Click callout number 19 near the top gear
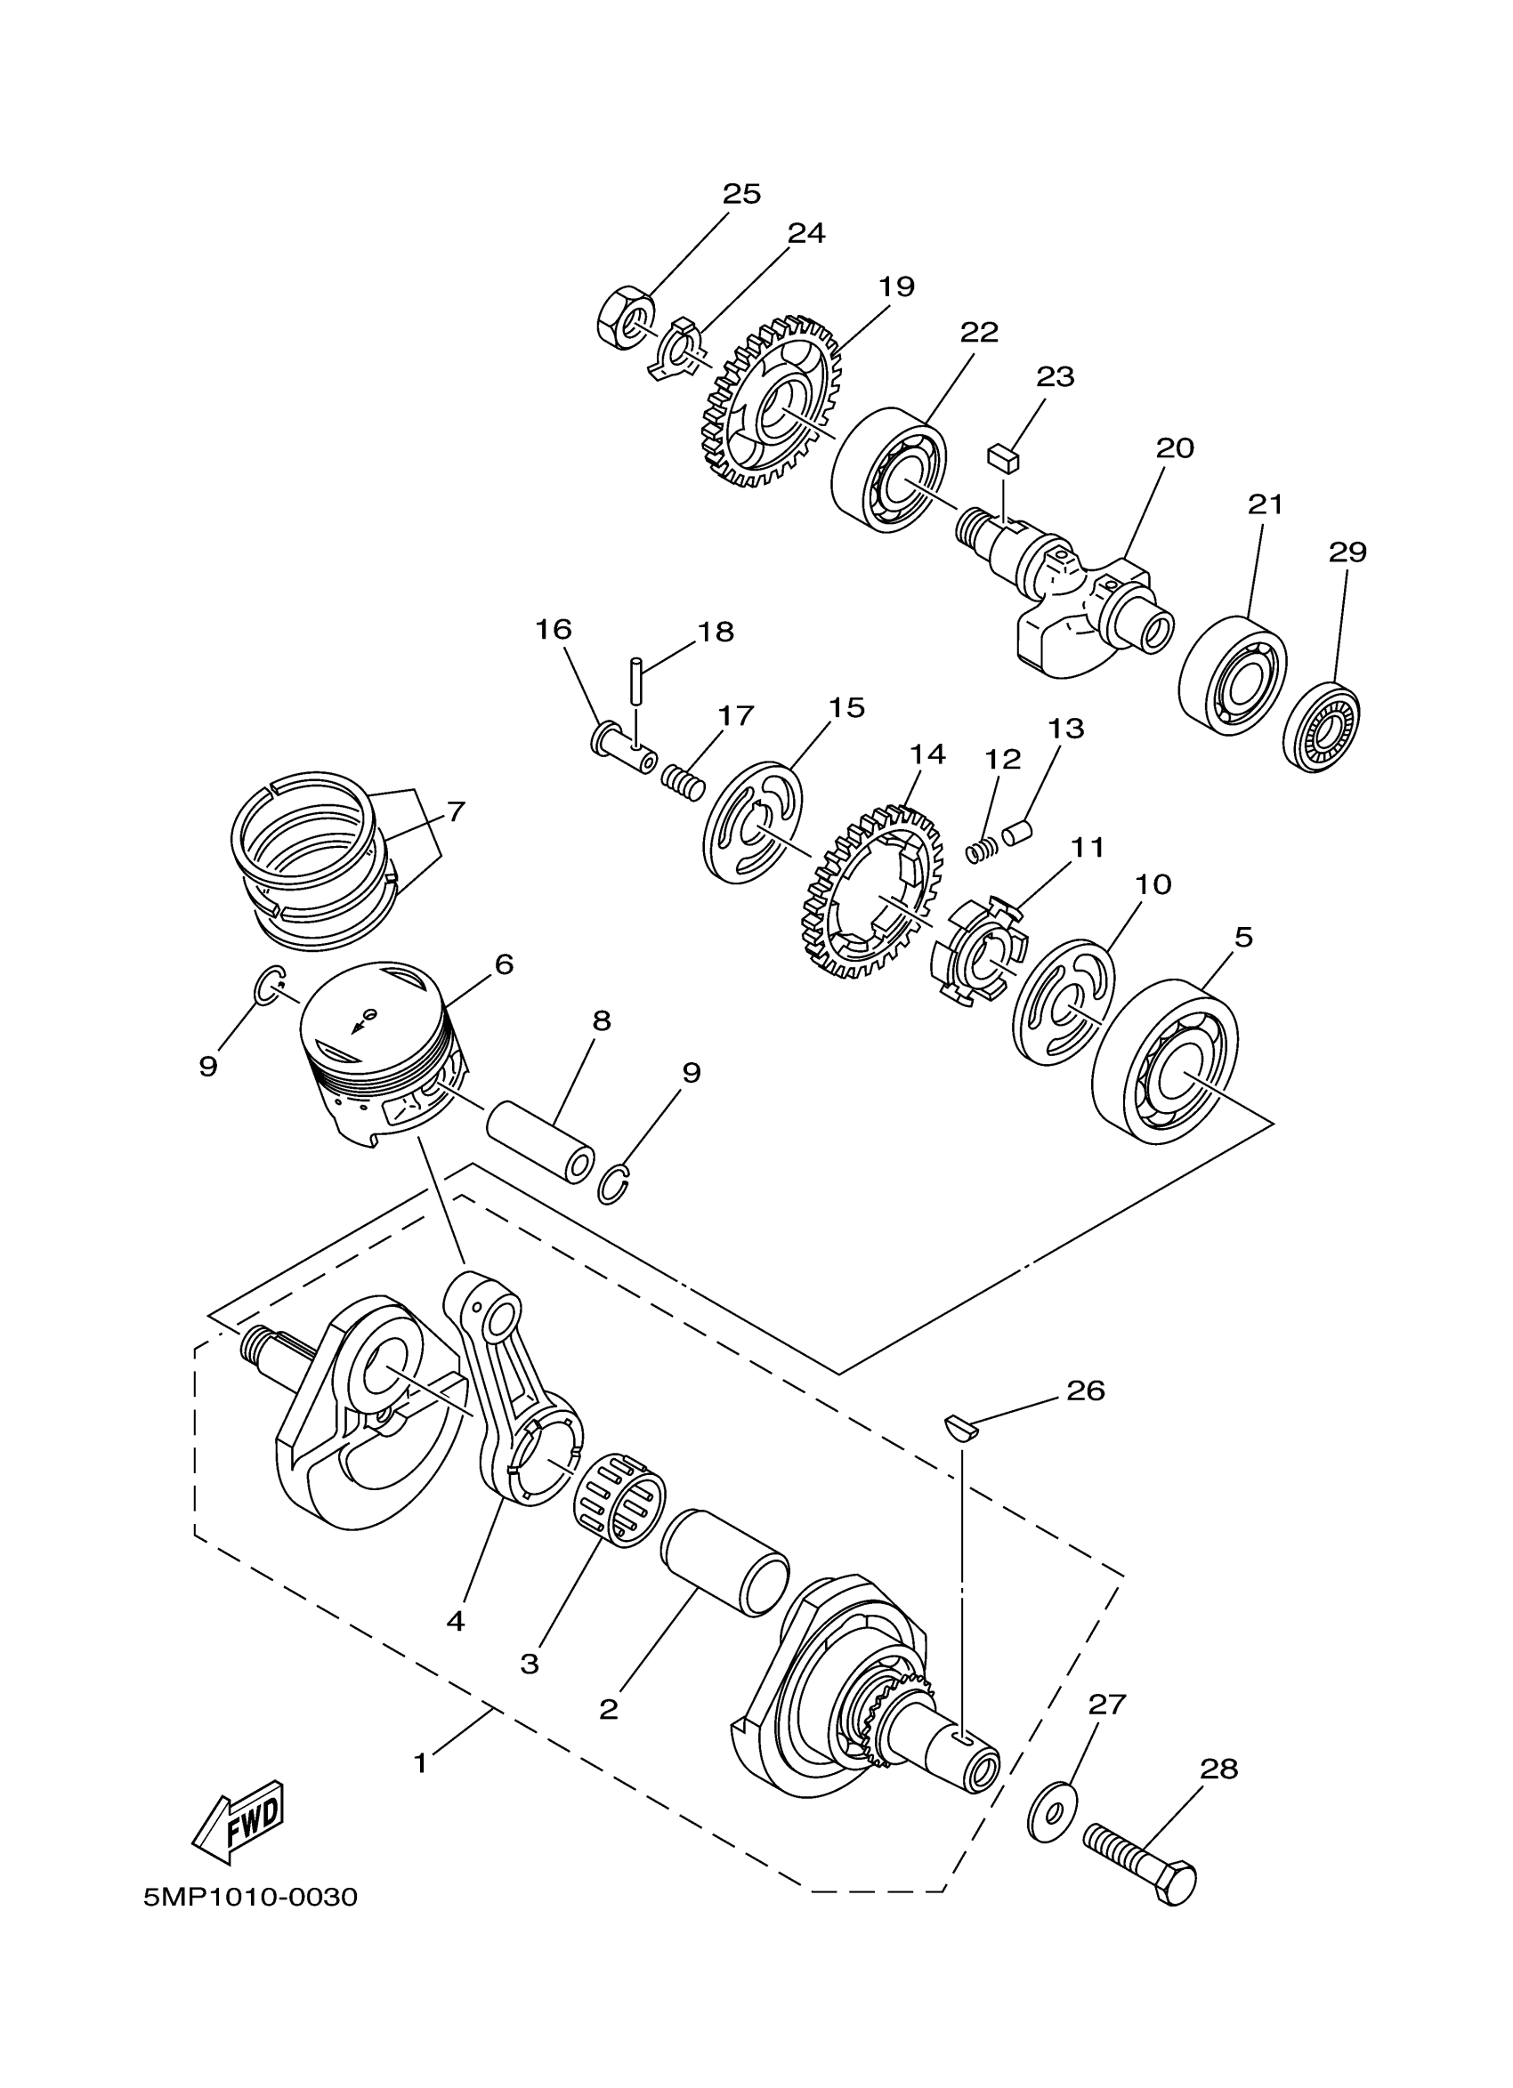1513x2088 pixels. click(896, 286)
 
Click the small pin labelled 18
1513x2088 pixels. click(635, 679)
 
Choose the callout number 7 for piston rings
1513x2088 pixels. click(455, 812)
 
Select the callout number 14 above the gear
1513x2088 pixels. click(927, 754)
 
